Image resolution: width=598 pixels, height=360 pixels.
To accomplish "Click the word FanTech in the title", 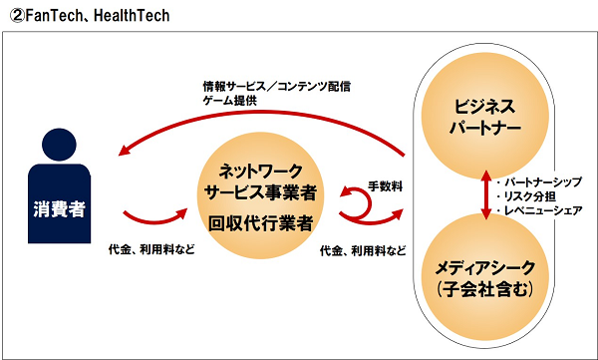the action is click(54, 15).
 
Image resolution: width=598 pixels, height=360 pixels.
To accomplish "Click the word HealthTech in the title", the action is click(132, 15).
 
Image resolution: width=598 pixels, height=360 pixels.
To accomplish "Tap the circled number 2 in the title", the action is click(17, 16).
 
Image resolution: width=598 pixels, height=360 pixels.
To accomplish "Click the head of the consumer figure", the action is click(59, 145).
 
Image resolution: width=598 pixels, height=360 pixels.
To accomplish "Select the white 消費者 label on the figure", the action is click(59, 208).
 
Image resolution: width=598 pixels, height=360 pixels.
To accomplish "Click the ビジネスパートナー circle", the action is click(484, 116).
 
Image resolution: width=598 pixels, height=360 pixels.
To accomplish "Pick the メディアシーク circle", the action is click(484, 277).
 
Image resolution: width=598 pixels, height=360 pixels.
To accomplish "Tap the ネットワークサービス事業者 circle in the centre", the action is click(260, 195).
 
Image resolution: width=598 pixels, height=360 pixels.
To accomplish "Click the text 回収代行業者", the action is click(260, 222).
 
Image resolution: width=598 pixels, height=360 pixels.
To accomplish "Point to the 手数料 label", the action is click(385, 186).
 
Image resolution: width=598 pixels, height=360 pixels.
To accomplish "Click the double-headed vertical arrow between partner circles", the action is click(486, 194).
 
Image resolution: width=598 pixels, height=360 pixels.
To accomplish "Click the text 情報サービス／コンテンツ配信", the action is click(276, 87).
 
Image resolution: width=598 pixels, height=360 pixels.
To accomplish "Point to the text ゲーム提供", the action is click(230, 101).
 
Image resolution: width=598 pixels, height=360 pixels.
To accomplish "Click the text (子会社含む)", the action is click(484, 289).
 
